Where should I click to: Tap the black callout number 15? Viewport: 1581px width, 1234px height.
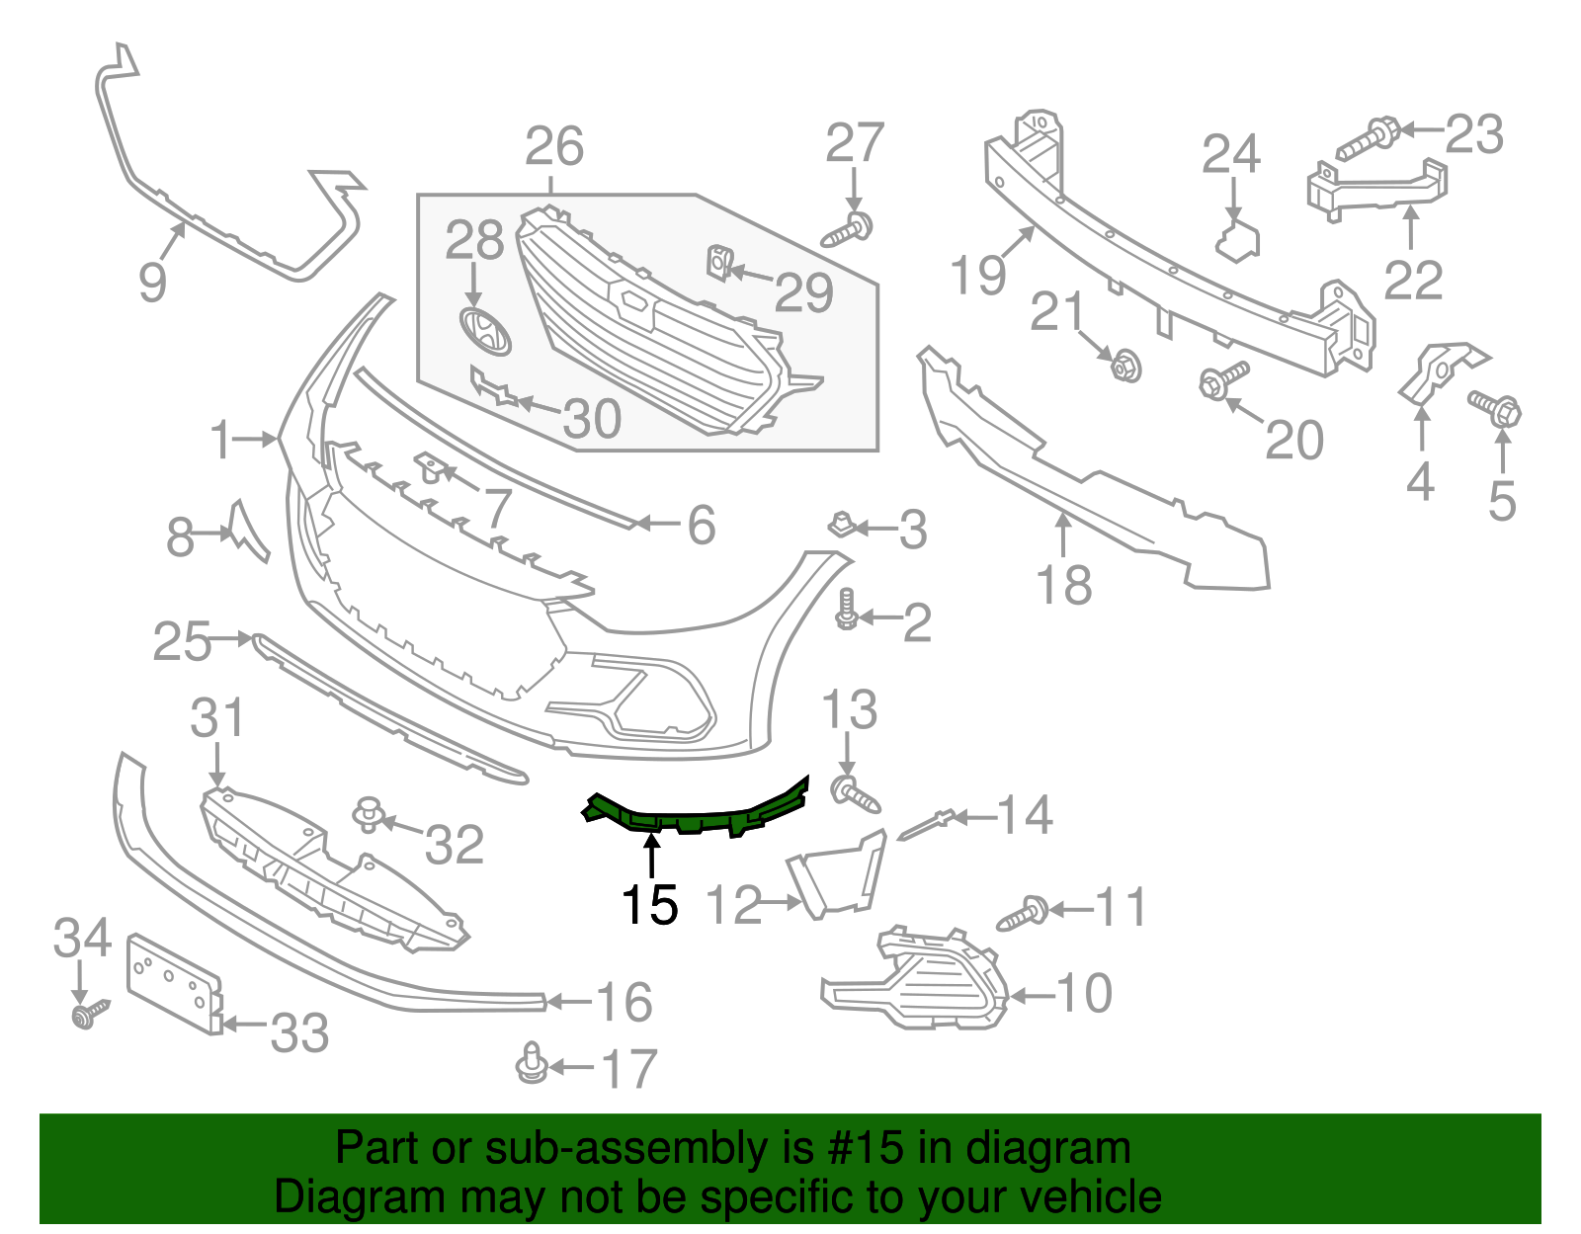click(650, 905)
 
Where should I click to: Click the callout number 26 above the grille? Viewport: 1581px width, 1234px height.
click(554, 147)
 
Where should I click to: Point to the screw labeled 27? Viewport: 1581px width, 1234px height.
click(849, 230)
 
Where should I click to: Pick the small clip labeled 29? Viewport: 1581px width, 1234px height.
click(718, 263)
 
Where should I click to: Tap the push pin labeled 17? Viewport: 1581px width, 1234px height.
click(532, 1063)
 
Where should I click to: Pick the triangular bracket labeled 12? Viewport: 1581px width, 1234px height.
click(836, 873)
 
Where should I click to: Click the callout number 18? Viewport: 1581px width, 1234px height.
click(1063, 585)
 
